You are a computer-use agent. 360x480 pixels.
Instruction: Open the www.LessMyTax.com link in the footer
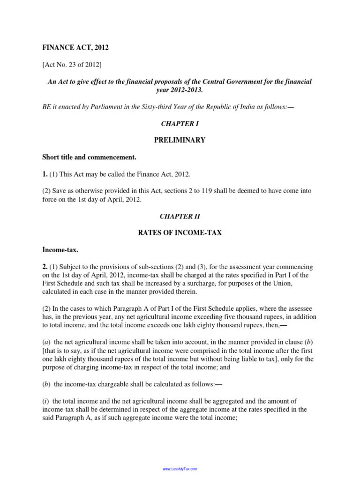pyautogui.click(x=180, y=469)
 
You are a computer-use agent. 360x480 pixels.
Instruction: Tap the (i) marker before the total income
pyautogui.click(x=46, y=401)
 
